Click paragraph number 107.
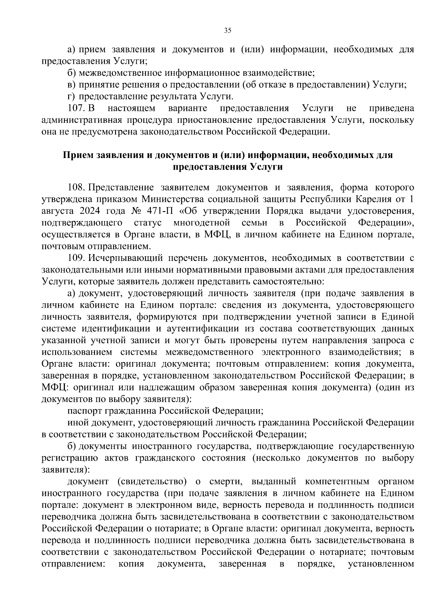coord(76,108)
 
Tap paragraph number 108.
coord(76,187)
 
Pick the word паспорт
coord(84,411)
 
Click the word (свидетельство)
coord(152,482)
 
